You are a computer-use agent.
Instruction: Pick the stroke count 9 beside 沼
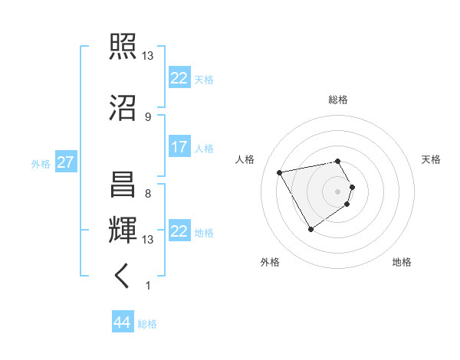click(x=147, y=116)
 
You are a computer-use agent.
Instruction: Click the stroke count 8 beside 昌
click(x=147, y=193)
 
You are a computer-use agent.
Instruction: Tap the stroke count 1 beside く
click(x=147, y=286)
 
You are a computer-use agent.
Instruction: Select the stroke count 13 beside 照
click(x=148, y=56)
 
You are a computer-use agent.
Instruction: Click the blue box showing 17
click(x=179, y=147)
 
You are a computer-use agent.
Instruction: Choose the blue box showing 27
click(x=65, y=162)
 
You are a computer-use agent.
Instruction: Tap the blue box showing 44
click(x=122, y=322)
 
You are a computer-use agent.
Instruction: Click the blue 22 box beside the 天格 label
click(x=179, y=78)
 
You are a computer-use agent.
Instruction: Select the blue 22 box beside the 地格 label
click(x=179, y=231)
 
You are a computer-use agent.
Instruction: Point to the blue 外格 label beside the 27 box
click(x=41, y=163)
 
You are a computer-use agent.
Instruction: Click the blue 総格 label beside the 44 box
click(x=147, y=324)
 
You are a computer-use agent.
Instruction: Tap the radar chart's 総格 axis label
click(x=337, y=100)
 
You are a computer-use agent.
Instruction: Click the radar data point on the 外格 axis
click(x=310, y=229)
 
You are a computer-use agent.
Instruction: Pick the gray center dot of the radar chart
click(x=337, y=191)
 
